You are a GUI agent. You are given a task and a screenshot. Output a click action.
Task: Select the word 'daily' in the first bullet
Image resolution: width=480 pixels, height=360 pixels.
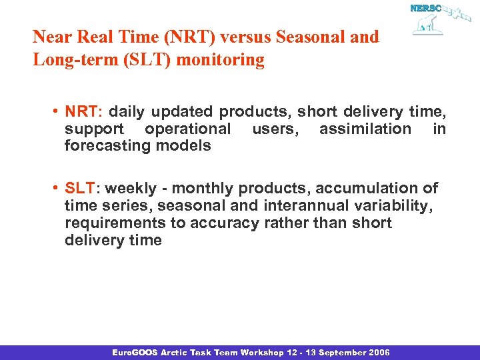127,111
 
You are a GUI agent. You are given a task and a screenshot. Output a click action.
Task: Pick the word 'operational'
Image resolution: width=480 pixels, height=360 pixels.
187,129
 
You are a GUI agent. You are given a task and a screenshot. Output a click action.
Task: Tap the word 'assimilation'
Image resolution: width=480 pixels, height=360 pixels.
365,129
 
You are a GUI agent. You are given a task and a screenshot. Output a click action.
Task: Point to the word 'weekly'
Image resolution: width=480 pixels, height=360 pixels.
133,189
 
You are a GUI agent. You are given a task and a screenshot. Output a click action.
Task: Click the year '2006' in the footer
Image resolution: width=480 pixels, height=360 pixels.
378,352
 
